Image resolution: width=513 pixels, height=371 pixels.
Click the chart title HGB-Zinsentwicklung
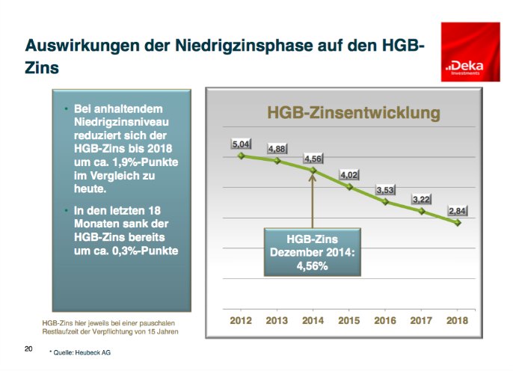tap(353, 114)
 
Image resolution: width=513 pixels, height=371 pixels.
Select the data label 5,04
tap(240, 143)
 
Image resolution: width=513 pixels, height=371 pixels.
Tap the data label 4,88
tap(276, 149)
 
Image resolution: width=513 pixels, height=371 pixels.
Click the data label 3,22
tap(422, 200)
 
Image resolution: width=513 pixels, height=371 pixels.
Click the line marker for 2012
tap(241, 156)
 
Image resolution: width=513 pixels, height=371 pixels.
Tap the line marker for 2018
tap(458, 223)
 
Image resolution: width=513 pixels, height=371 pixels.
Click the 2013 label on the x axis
tap(277, 320)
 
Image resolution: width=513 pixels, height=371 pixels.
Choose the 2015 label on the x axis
tap(349, 320)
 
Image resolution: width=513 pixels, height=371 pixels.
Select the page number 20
tap(28, 349)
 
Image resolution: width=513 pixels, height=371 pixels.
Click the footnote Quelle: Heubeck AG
tap(82, 351)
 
